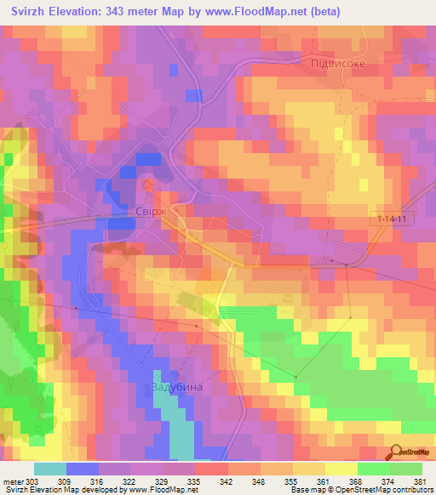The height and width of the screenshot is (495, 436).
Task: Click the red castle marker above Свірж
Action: point(146,184)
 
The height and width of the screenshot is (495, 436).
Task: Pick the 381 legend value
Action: point(419,481)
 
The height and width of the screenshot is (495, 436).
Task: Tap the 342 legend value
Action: point(225,481)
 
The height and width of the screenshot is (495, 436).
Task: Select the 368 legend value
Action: point(354,481)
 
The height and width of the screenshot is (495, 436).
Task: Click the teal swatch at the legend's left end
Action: point(50,469)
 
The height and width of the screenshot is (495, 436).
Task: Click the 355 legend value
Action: point(290,481)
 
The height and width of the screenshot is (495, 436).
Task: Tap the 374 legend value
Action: point(387,481)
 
